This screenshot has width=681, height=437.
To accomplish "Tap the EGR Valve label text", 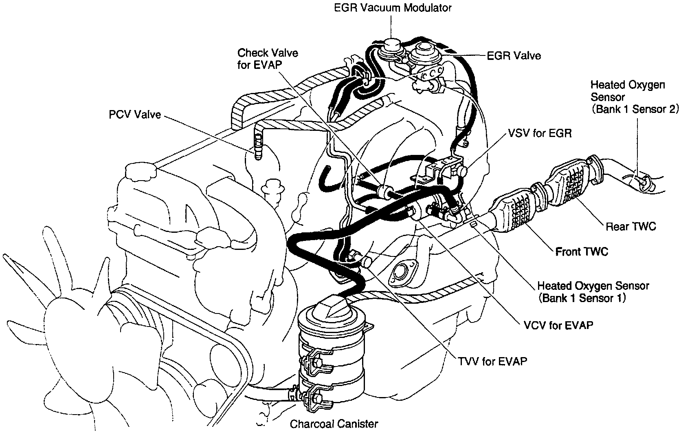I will point(514,56).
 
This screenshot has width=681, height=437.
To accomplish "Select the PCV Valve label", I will point(134,115).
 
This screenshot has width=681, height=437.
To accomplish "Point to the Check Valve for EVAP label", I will point(268,59).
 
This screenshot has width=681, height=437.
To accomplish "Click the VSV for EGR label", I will point(540,133).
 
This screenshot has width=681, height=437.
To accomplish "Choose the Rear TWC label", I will point(631,226).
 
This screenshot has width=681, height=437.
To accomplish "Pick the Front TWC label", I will point(582,252).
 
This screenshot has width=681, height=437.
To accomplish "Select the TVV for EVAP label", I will point(492,361).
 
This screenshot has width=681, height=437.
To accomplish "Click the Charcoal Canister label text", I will point(334,424).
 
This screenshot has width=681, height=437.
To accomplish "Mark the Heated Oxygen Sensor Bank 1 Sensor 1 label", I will point(593,292).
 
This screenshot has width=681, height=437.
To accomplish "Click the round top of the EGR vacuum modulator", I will point(391,44).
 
